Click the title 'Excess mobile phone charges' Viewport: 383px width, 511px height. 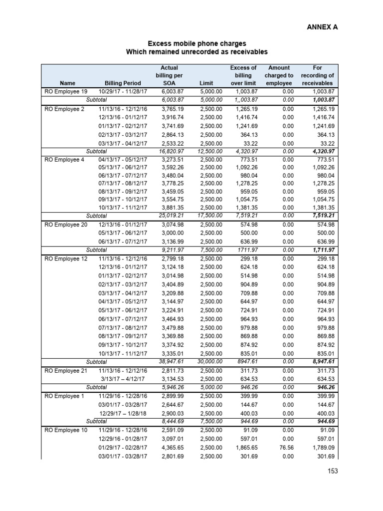[191, 44]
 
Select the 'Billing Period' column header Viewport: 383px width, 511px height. [123, 83]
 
